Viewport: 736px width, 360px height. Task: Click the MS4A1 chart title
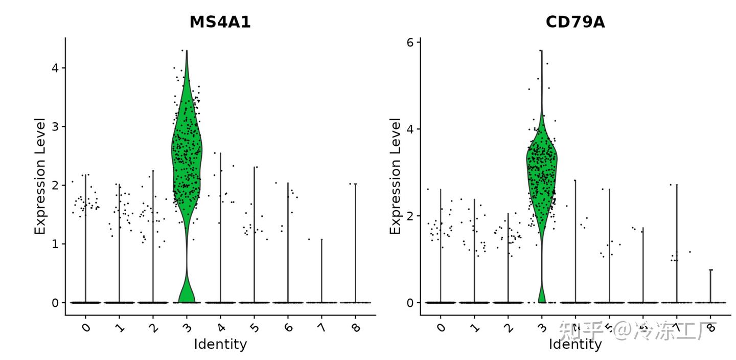(x=220, y=22)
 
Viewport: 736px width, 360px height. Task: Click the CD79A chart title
(x=575, y=22)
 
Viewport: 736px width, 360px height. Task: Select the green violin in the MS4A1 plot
(x=187, y=153)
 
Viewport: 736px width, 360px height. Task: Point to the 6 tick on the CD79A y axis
(x=410, y=42)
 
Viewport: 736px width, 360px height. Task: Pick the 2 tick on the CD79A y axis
(x=410, y=216)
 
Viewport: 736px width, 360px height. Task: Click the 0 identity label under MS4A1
(x=86, y=327)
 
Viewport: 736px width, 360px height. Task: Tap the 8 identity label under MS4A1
(x=356, y=327)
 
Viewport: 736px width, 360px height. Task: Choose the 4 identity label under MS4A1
(x=221, y=327)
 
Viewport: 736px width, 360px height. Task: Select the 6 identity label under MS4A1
(x=288, y=327)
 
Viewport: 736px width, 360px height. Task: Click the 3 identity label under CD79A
(x=542, y=327)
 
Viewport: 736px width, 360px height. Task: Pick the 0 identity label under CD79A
(x=441, y=327)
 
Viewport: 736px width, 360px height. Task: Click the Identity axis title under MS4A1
(x=220, y=344)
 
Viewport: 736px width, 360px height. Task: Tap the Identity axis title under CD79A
(x=575, y=344)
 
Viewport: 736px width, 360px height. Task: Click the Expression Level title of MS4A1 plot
(x=40, y=176)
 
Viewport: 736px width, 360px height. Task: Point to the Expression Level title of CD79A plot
(x=395, y=176)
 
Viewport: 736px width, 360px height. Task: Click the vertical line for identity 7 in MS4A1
(x=322, y=271)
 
